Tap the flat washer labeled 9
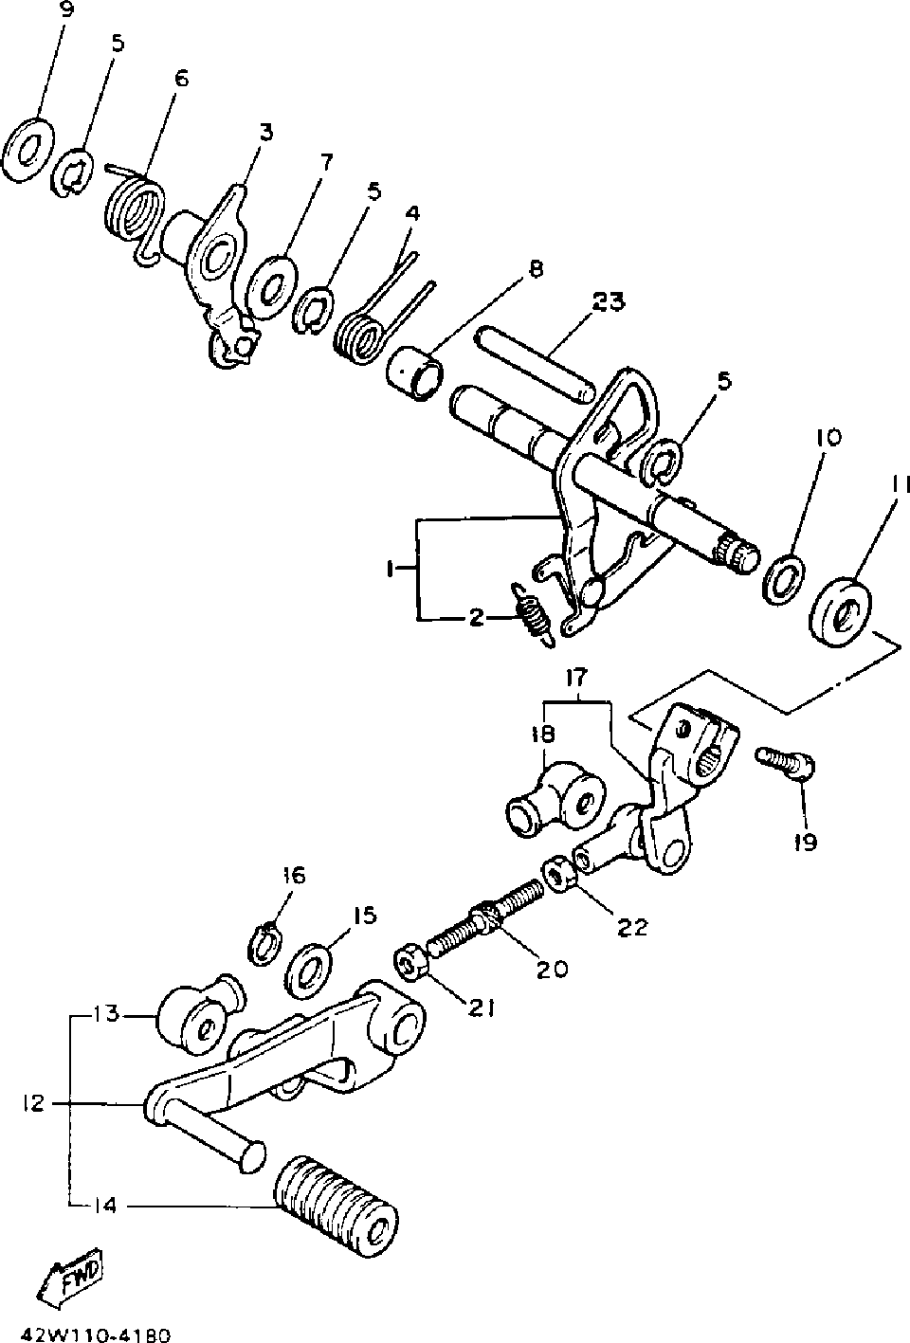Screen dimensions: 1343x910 tap(27, 149)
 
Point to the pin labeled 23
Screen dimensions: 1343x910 tap(537, 362)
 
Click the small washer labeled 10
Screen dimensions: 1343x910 tap(785, 577)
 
